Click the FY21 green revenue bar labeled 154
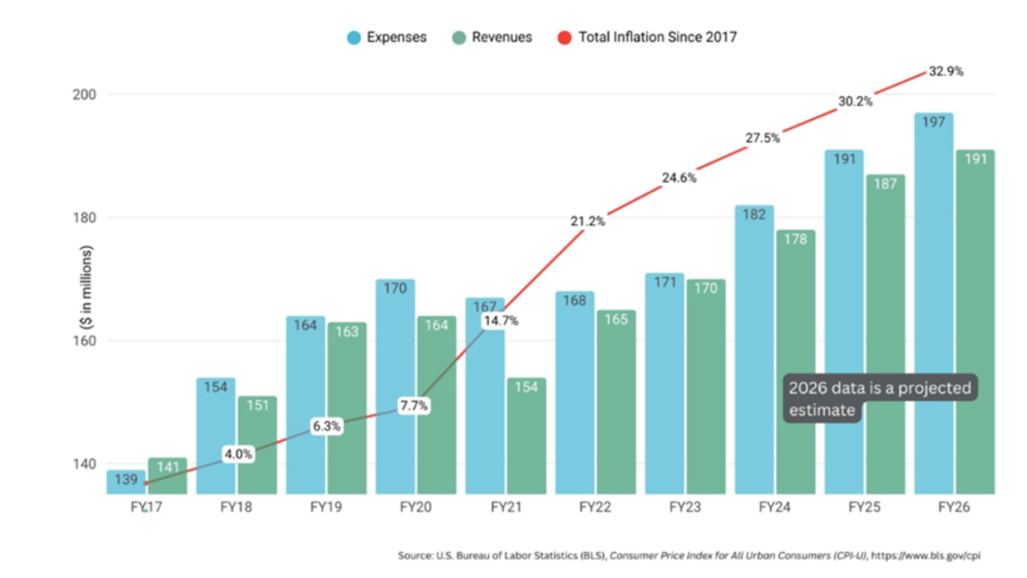(526, 437)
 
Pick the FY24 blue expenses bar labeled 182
(754, 349)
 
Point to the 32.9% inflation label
(946, 71)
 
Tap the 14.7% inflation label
(501, 321)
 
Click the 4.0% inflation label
(238, 454)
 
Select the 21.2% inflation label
(587, 221)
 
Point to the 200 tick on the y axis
(84, 95)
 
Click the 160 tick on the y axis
(84, 341)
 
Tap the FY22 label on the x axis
(595, 507)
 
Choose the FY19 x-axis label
(326, 507)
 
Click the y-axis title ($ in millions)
(86, 288)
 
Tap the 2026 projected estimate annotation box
(879, 398)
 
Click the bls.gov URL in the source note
(925, 555)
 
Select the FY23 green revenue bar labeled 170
(706, 385)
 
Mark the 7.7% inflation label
(413, 406)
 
